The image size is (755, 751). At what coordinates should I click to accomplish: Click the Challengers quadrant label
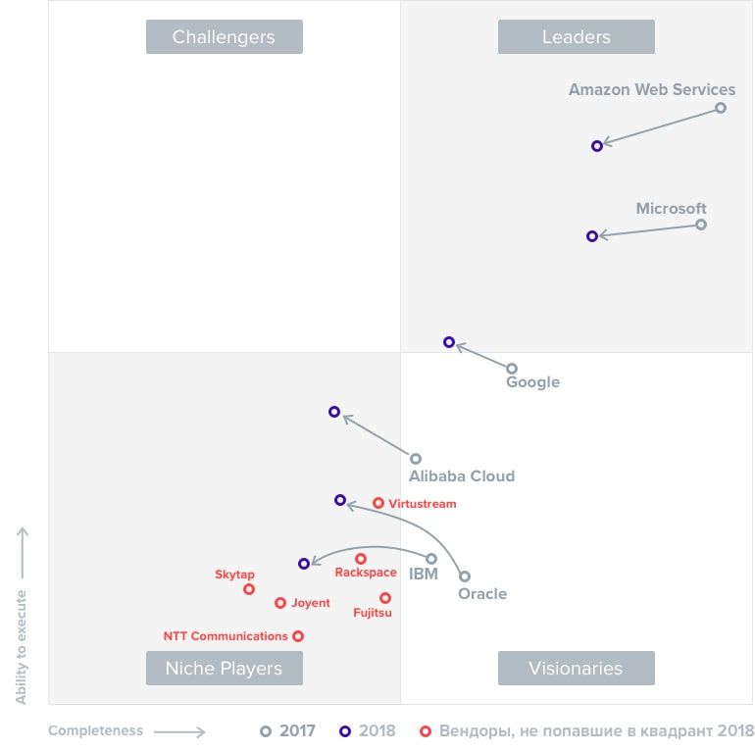(x=224, y=37)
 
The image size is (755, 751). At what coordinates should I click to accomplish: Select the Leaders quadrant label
(x=576, y=37)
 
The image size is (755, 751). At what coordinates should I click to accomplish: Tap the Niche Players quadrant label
(x=224, y=669)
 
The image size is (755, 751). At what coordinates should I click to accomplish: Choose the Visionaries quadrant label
(x=576, y=669)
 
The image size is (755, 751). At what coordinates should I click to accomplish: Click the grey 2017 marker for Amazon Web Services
(x=721, y=108)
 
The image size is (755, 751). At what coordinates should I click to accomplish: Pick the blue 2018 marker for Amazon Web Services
(x=597, y=146)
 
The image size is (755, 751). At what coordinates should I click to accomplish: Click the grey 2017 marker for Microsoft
(x=701, y=225)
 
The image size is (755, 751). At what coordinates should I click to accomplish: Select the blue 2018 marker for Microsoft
(x=592, y=236)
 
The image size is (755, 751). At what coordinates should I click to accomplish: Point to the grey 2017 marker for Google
(x=512, y=369)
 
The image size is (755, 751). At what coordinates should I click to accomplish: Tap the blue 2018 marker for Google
(x=449, y=342)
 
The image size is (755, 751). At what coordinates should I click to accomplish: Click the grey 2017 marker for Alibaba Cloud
(x=416, y=459)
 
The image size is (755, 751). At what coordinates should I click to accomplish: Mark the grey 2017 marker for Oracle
(x=465, y=576)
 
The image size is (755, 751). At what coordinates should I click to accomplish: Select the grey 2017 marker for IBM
(x=431, y=559)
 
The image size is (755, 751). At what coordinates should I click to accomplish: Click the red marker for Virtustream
(x=378, y=503)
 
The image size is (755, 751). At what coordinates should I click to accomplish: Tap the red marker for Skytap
(x=249, y=589)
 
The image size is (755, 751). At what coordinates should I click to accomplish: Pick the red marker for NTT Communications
(x=298, y=636)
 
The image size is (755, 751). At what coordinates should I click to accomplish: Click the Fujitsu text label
(x=373, y=614)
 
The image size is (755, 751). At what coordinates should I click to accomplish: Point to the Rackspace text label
(x=366, y=573)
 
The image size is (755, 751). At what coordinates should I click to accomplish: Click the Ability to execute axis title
(x=22, y=647)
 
